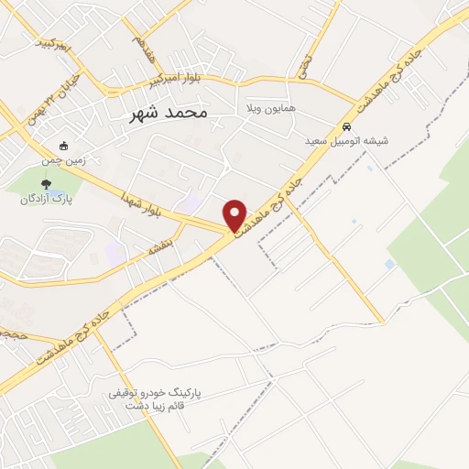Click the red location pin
tap(235, 214)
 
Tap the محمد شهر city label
tap(165, 113)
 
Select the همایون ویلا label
tap(269, 109)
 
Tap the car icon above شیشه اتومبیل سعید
tap(346, 126)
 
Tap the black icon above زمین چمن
tap(63, 146)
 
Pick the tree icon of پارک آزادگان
tap(60, 184)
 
